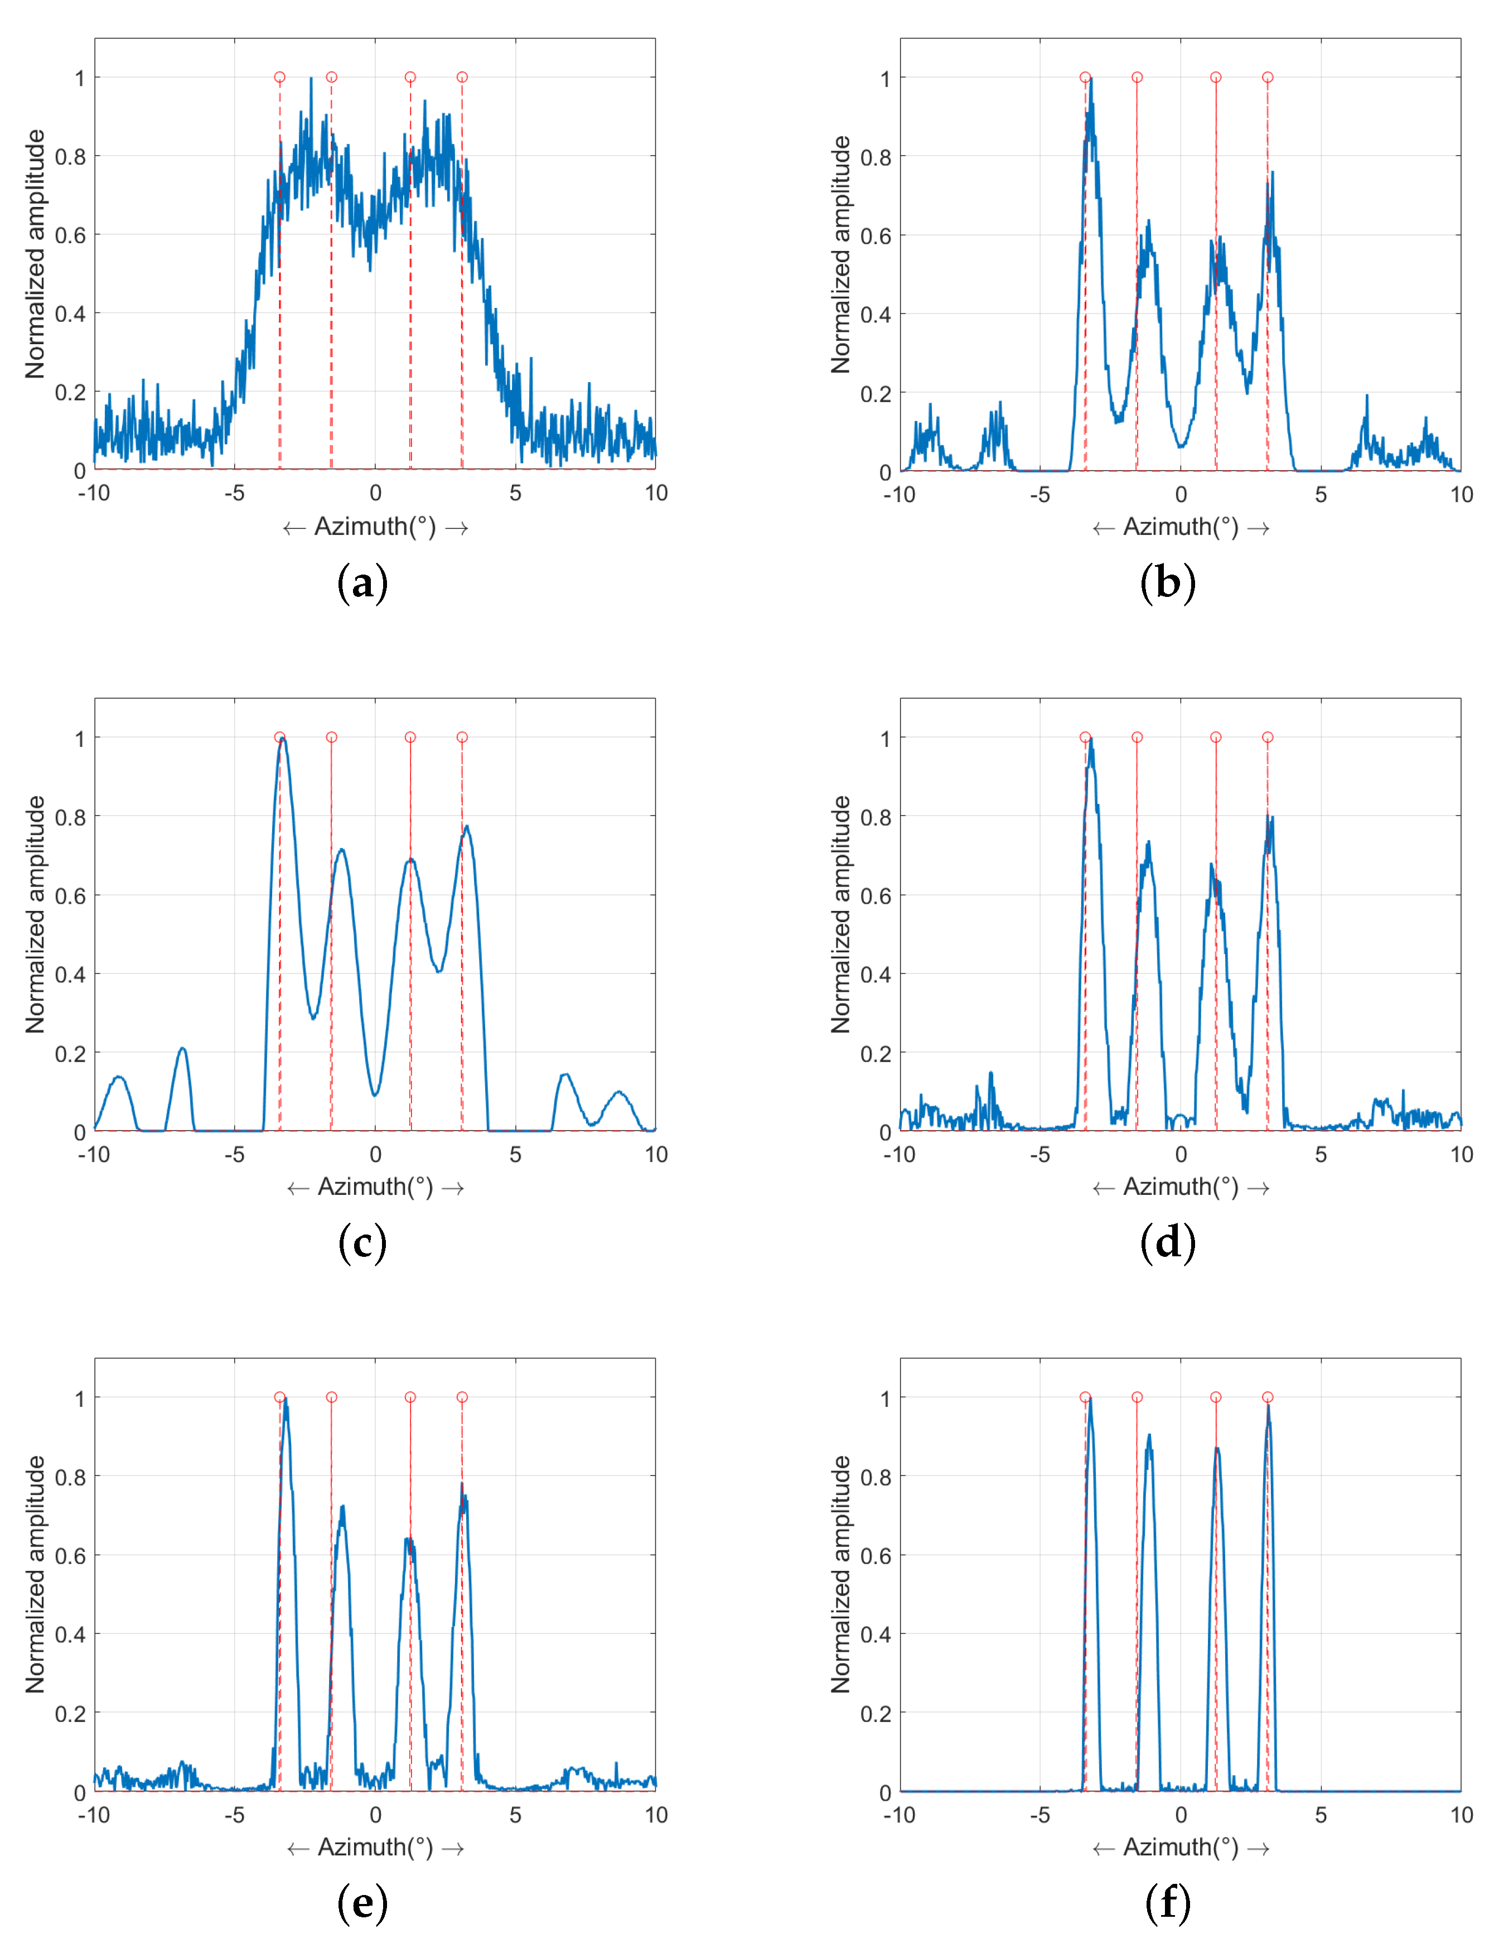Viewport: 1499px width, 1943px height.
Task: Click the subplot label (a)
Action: [x=362, y=584]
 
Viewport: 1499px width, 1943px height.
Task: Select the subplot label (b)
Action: [x=1167, y=584]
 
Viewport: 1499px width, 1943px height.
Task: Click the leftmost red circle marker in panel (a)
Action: [x=279, y=78]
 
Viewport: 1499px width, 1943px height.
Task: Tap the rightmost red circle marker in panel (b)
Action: [x=1268, y=78]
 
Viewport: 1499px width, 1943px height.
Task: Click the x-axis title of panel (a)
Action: [x=375, y=528]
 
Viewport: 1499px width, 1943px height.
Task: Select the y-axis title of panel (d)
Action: [x=840, y=914]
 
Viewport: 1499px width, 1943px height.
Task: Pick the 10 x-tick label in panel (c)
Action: [x=656, y=1155]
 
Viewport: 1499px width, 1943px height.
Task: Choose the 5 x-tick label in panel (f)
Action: [x=1321, y=1815]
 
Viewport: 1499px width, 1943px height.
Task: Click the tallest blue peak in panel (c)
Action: [x=283, y=739]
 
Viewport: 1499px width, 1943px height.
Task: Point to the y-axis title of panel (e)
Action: [x=35, y=1575]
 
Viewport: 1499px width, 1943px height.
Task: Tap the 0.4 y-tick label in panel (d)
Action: [x=876, y=974]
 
